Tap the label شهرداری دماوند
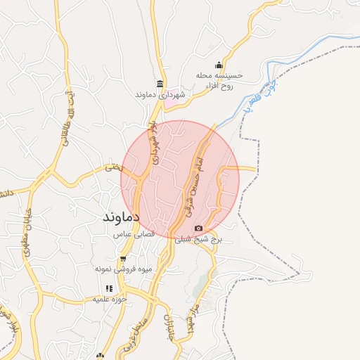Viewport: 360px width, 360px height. click(161, 94)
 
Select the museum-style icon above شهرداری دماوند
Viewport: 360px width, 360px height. click(160, 83)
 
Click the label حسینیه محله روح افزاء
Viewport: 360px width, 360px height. click(220, 80)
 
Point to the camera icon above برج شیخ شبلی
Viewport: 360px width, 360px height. click(198, 228)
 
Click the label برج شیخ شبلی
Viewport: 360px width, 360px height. click(198, 239)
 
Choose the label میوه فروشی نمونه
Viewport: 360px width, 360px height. click(122, 269)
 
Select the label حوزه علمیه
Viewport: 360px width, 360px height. click(109, 300)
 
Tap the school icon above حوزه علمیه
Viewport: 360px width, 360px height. click(108, 288)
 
